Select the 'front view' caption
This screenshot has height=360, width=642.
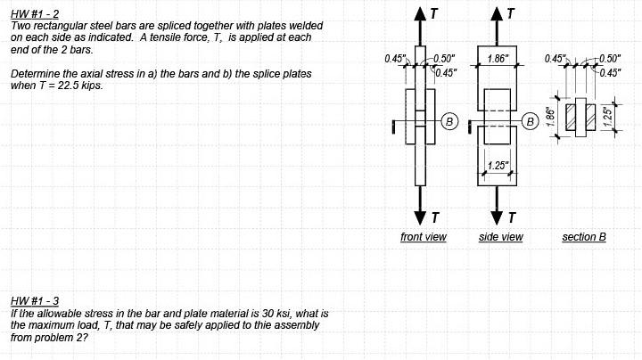point(424,237)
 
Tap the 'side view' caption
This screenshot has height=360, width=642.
point(501,237)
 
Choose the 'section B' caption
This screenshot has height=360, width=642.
point(584,237)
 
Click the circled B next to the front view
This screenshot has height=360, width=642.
point(449,119)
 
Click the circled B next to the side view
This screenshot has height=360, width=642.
point(530,119)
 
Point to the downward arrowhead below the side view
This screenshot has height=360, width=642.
point(498,218)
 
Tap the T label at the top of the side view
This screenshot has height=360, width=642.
point(511,13)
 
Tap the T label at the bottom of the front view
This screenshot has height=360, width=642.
point(434,217)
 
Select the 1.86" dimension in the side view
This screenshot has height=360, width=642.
point(499,58)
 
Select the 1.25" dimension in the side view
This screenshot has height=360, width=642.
point(498,166)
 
